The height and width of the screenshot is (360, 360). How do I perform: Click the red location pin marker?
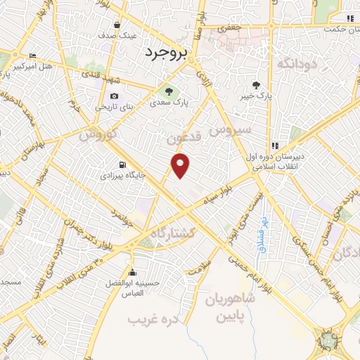181,165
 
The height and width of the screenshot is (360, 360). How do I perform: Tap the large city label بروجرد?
167,51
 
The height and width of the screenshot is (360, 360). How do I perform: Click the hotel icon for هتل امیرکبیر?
32,56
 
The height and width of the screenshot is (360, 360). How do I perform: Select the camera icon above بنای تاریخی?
114,96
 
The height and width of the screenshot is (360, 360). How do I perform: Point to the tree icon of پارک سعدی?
168,91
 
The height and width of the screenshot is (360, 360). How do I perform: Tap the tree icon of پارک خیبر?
265,84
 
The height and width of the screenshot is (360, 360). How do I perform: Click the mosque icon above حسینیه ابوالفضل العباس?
132,272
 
